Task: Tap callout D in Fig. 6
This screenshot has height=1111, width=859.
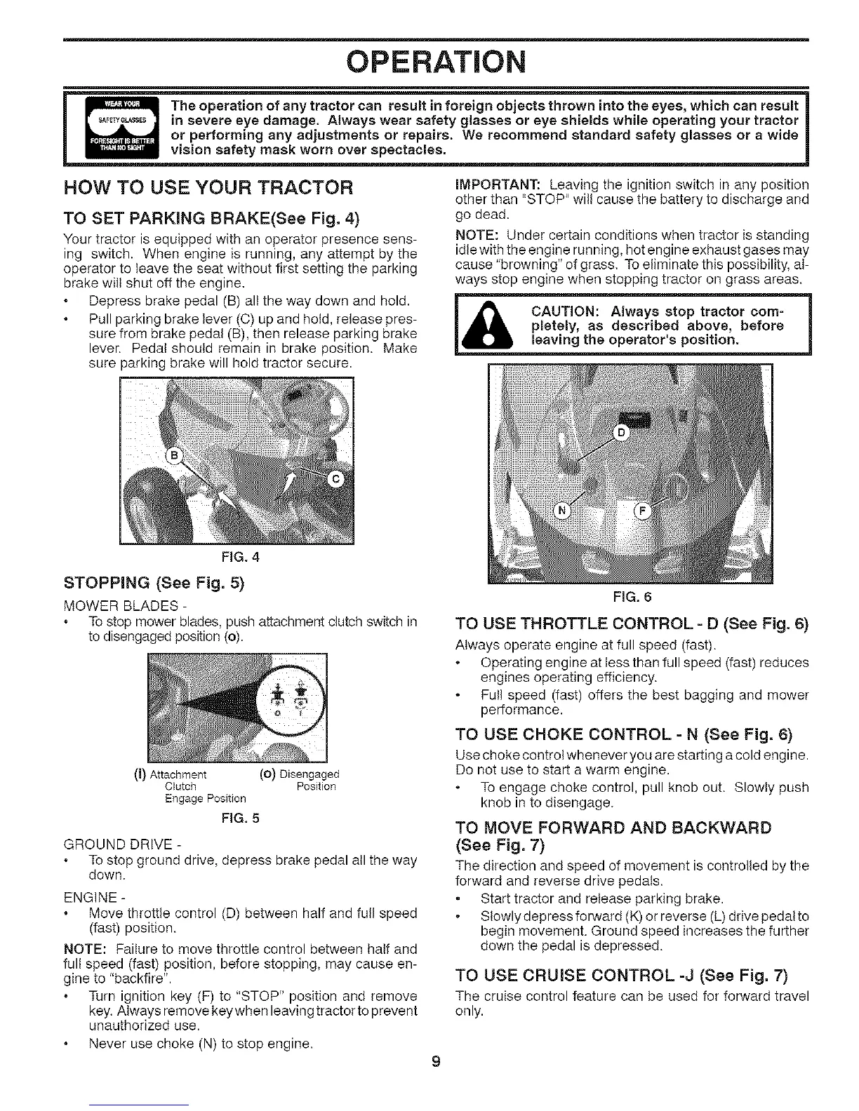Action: coord(620,433)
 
